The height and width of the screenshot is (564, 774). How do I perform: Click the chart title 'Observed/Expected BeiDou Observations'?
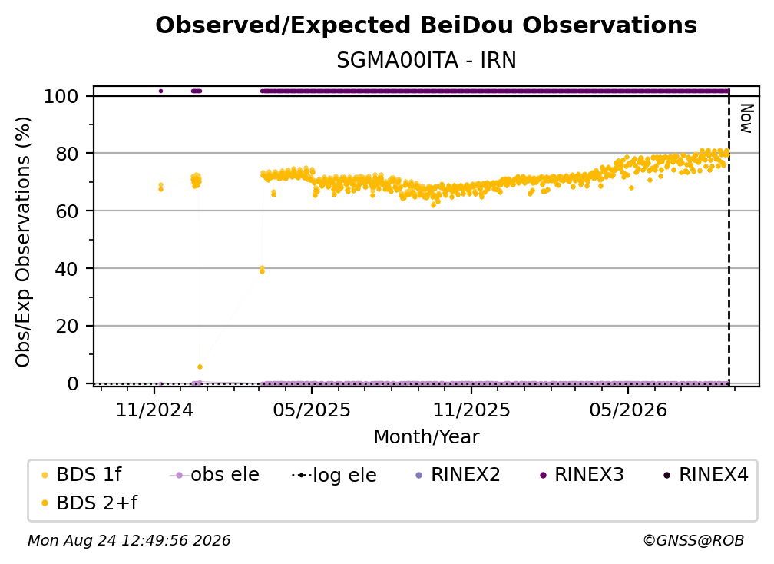tap(426, 25)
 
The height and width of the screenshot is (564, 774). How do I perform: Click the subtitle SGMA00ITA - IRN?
tap(426, 61)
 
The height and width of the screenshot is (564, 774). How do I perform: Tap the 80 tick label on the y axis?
tap(67, 154)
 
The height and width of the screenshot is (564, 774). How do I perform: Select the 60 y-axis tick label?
tap(67, 211)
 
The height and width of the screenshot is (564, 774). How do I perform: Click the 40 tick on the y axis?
tap(67, 269)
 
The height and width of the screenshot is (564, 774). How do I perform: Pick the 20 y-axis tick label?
tap(67, 327)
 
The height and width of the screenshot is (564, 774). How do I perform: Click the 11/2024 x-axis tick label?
tap(154, 410)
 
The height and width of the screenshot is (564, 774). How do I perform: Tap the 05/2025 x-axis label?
tap(312, 410)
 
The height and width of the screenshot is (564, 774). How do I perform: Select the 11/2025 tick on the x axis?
tap(471, 410)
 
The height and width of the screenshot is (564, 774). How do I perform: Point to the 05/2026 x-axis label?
tap(628, 410)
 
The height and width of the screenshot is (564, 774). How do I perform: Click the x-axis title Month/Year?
tap(426, 437)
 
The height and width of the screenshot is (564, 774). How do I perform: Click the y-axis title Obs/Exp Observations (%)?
tap(23, 242)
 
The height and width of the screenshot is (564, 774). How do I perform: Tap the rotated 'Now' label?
tap(746, 118)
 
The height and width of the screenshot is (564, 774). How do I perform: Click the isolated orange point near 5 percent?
tap(200, 367)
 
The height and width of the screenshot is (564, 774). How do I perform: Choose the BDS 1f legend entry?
tap(82, 475)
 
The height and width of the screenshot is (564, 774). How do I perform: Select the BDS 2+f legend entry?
tap(90, 503)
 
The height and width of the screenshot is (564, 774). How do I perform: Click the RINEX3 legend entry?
tap(583, 475)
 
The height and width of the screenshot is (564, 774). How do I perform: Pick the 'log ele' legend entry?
tap(334, 476)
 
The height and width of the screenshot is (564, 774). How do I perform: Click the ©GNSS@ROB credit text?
tap(693, 541)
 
